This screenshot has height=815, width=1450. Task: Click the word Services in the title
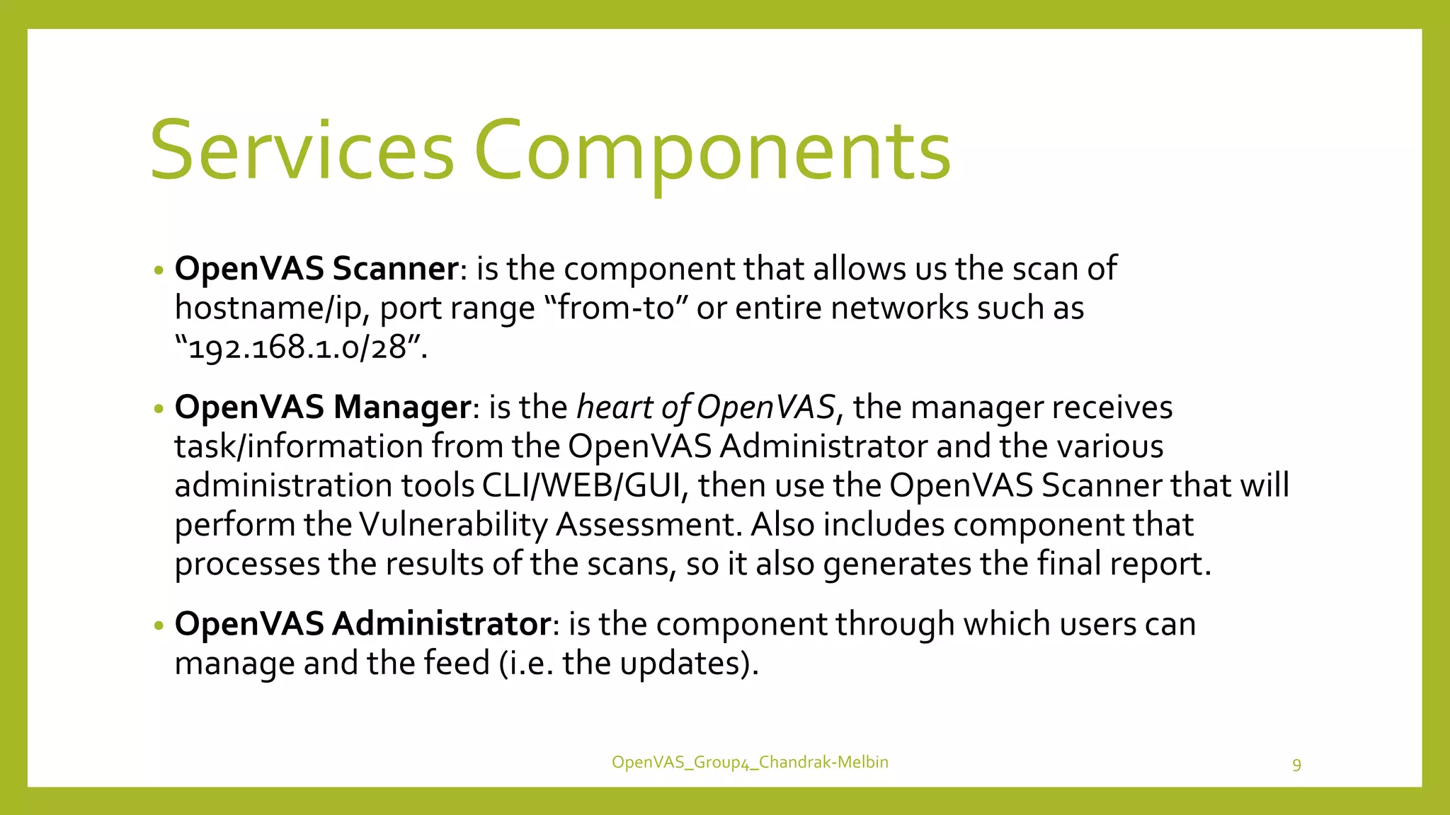(x=301, y=151)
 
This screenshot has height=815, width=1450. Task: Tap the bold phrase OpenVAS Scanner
(x=316, y=269)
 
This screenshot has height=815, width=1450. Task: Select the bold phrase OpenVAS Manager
(x=323, y=407)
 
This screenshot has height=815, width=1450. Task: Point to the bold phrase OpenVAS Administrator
(x=362, y=624)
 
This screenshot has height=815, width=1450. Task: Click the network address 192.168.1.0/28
(x=297, y=347)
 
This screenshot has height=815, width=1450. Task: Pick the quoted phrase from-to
(x=616, y=308)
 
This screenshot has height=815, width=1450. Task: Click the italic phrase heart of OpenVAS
(x=706, y=407)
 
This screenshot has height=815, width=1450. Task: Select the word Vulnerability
(x=453, y=525)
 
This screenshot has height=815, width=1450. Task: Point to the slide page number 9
(x=1296, y=765)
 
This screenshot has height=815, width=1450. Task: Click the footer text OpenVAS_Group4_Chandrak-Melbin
(x=750, y=762)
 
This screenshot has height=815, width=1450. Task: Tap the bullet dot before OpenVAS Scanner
(x=159, y=270)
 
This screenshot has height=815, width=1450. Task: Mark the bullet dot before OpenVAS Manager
(x=159, y=409)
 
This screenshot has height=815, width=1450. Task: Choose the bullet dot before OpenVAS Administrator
(x=159, y=625)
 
